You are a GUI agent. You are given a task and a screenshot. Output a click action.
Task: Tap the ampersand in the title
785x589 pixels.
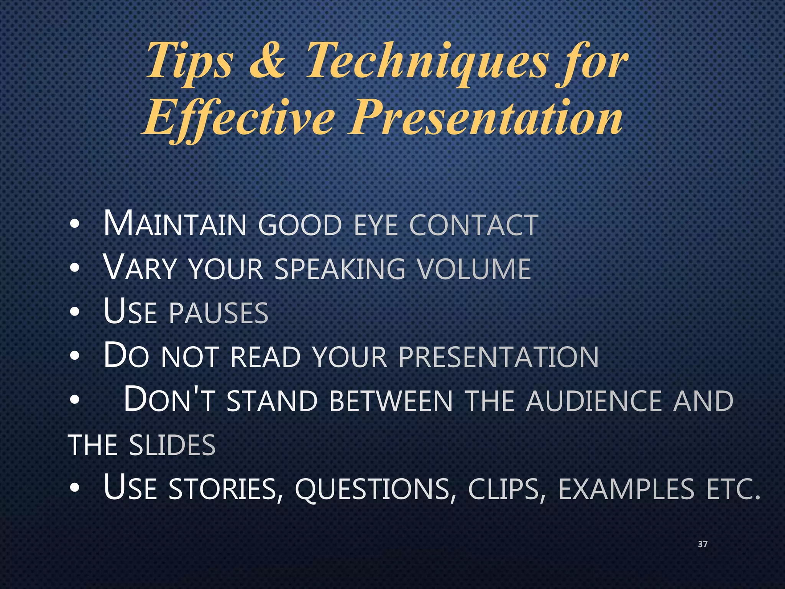267,61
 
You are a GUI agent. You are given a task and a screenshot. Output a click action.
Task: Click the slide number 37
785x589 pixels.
703,544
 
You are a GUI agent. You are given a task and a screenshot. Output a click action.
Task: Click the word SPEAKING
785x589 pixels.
340,268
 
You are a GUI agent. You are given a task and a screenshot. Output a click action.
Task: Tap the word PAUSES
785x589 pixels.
218,313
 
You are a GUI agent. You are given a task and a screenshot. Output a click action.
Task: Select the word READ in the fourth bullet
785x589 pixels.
265,357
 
